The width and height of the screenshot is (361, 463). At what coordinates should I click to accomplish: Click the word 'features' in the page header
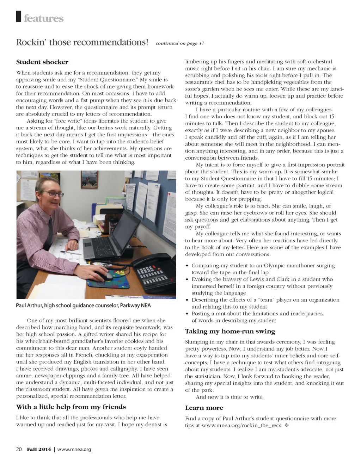click(x=43, y=18)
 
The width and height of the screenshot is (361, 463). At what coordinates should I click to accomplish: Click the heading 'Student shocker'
click(x=42, y=62)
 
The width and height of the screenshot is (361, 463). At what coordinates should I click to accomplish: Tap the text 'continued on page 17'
click(x=179, y=43)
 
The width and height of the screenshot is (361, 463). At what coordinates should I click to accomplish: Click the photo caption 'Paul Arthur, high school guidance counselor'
click(x=83, y=305)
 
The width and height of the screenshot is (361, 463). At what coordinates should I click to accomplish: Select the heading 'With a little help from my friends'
click(x=71, y=407)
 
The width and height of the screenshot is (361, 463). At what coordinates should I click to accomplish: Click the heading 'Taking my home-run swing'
click(x=230, y=331)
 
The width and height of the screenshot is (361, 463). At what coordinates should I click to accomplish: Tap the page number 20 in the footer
click(x=19, y=449)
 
